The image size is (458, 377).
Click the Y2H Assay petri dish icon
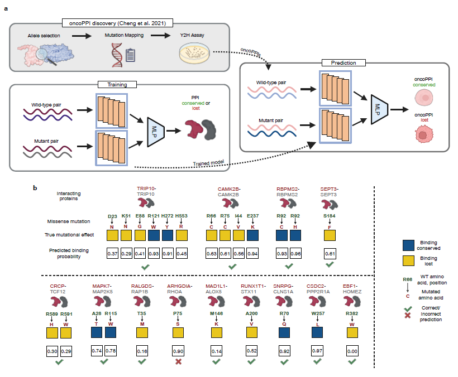tap(192, 54)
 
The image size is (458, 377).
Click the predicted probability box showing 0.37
tap(113, 255)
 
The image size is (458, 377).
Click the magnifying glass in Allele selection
tap(43, 54)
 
